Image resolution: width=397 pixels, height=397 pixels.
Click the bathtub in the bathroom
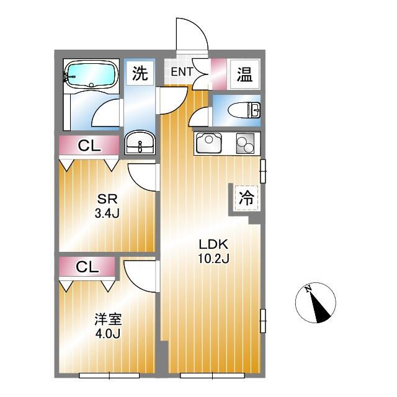(91, 76)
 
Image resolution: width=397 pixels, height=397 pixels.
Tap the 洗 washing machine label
(140, 74)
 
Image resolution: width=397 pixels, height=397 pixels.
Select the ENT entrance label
(182, 72)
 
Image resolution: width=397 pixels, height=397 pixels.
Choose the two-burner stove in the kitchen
(244, 145)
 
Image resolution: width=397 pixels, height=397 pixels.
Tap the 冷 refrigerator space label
(246, 200)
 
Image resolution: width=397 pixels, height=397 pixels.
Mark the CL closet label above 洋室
(87, 267)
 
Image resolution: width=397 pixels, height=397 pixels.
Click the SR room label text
(104, 200)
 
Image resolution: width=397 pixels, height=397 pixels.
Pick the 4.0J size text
(107, 334)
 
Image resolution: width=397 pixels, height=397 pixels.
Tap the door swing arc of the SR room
(143, 178)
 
